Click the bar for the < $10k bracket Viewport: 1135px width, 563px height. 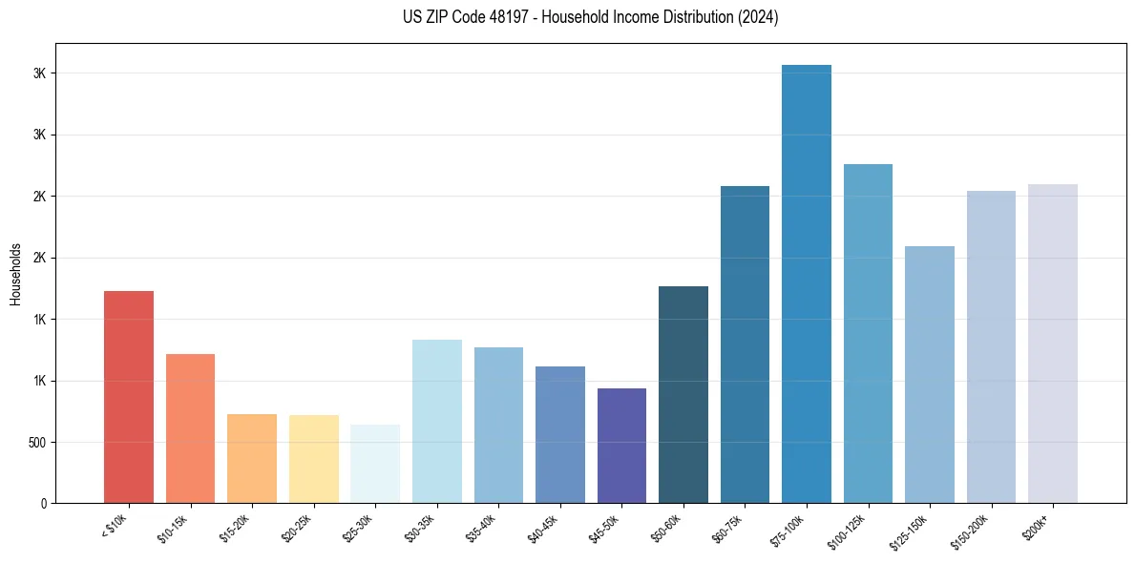129,397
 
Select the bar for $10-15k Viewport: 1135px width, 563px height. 190,428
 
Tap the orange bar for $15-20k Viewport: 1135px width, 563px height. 252,458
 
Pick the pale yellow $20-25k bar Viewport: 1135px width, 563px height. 313,459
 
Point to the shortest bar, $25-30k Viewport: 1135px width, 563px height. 375,464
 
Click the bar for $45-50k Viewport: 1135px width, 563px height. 621,446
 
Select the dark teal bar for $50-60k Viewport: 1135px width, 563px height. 683,394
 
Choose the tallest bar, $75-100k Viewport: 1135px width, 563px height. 807,283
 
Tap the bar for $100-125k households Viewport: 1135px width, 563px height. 868,333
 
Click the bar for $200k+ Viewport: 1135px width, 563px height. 1053,344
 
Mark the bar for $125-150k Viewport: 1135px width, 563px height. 930,374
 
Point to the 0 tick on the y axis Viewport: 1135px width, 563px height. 43,503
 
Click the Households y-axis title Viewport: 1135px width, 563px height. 15,273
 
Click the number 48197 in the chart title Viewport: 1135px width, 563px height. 488,17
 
